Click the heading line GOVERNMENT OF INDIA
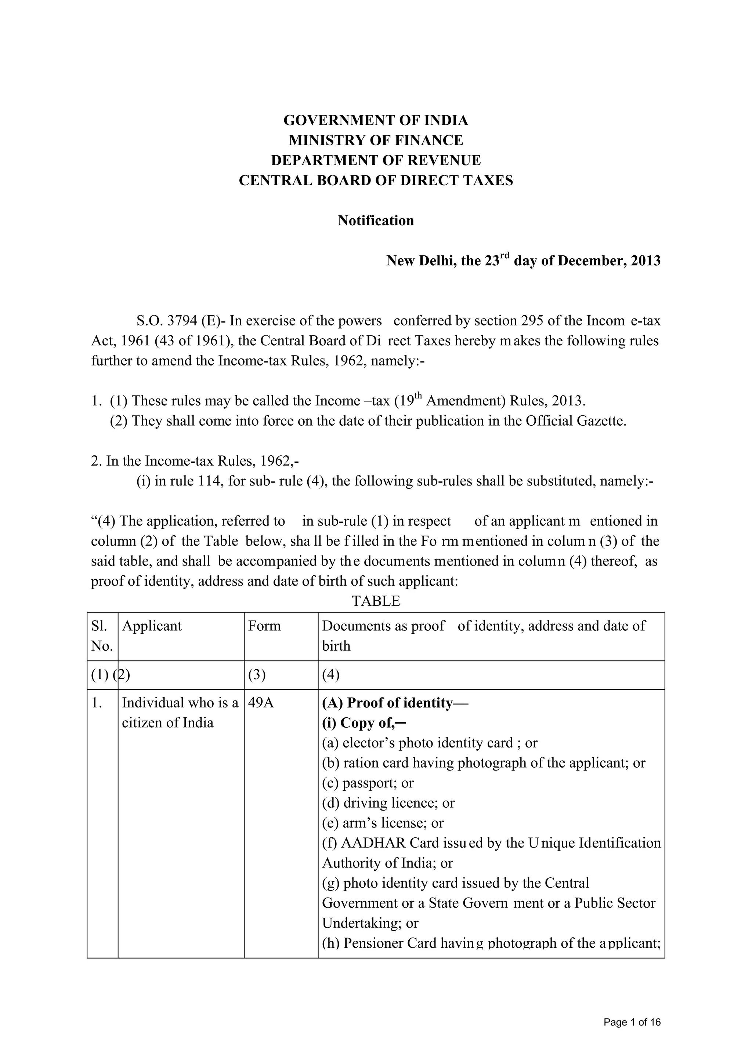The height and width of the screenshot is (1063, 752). tap(376, 120)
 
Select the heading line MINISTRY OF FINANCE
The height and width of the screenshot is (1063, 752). tap(376, 140)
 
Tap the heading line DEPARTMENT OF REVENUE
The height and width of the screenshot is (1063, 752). tap(376, 160)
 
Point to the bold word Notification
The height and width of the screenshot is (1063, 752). tap(376, 221)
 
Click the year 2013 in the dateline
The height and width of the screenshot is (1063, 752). tap(646, 261)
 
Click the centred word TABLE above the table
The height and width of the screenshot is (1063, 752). tap(376, 601)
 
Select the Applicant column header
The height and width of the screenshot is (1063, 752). tap(152, 626)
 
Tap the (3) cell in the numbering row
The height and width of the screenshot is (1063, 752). tap(257, 675)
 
